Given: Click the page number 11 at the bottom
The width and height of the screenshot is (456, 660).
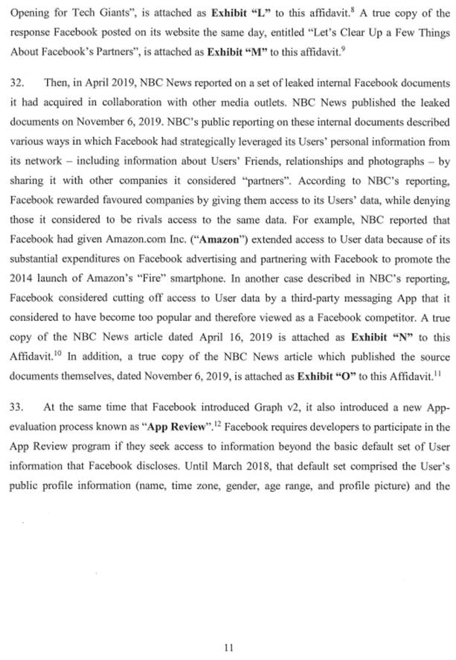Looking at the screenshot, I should click(x=228, y=647).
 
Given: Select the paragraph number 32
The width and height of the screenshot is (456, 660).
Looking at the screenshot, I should click(x=17, y=81).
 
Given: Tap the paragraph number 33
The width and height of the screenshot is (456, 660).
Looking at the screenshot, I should click(x=17, y=407).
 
